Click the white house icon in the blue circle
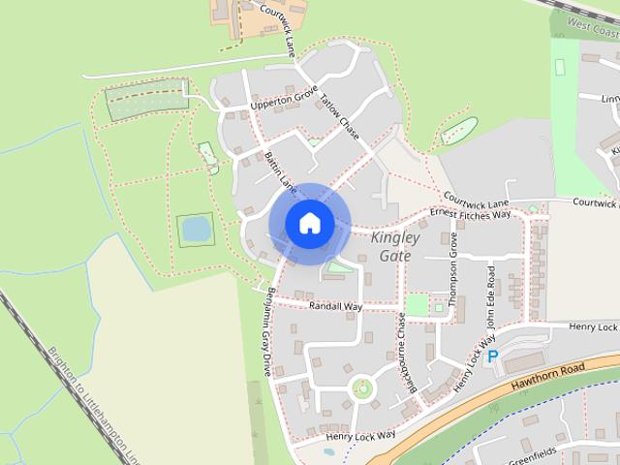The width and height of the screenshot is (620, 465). point(309,223)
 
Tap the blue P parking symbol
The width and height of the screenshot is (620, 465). point(492,357)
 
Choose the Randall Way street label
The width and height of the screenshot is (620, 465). point(335,306)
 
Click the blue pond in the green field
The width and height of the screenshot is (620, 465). point(196,230)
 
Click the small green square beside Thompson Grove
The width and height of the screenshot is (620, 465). point(417,304)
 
